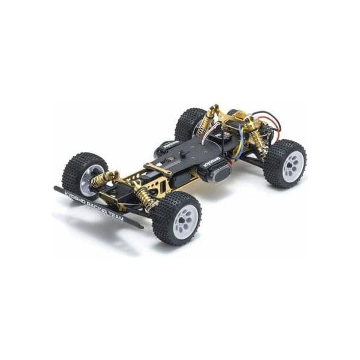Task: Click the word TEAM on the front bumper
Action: (116, 217)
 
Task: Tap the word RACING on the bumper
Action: (95, 206)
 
